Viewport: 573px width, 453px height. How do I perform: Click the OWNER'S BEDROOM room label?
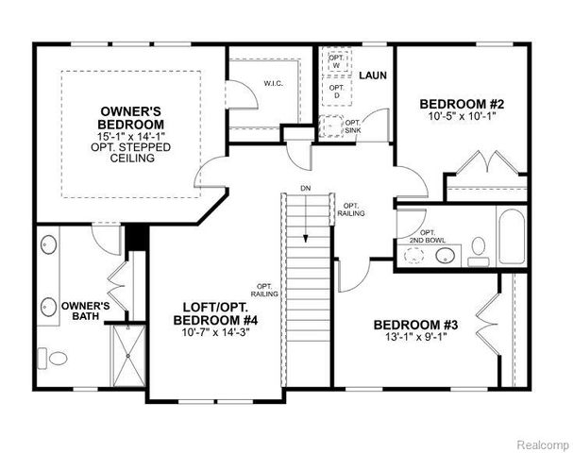(132, 117)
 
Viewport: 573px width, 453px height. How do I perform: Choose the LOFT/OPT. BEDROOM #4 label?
(221, 313)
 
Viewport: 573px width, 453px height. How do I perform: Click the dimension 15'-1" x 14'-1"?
(132, 138)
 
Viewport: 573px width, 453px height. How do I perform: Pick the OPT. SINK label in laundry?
(352, 126)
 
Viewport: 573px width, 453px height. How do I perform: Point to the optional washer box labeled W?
(336, 61)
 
